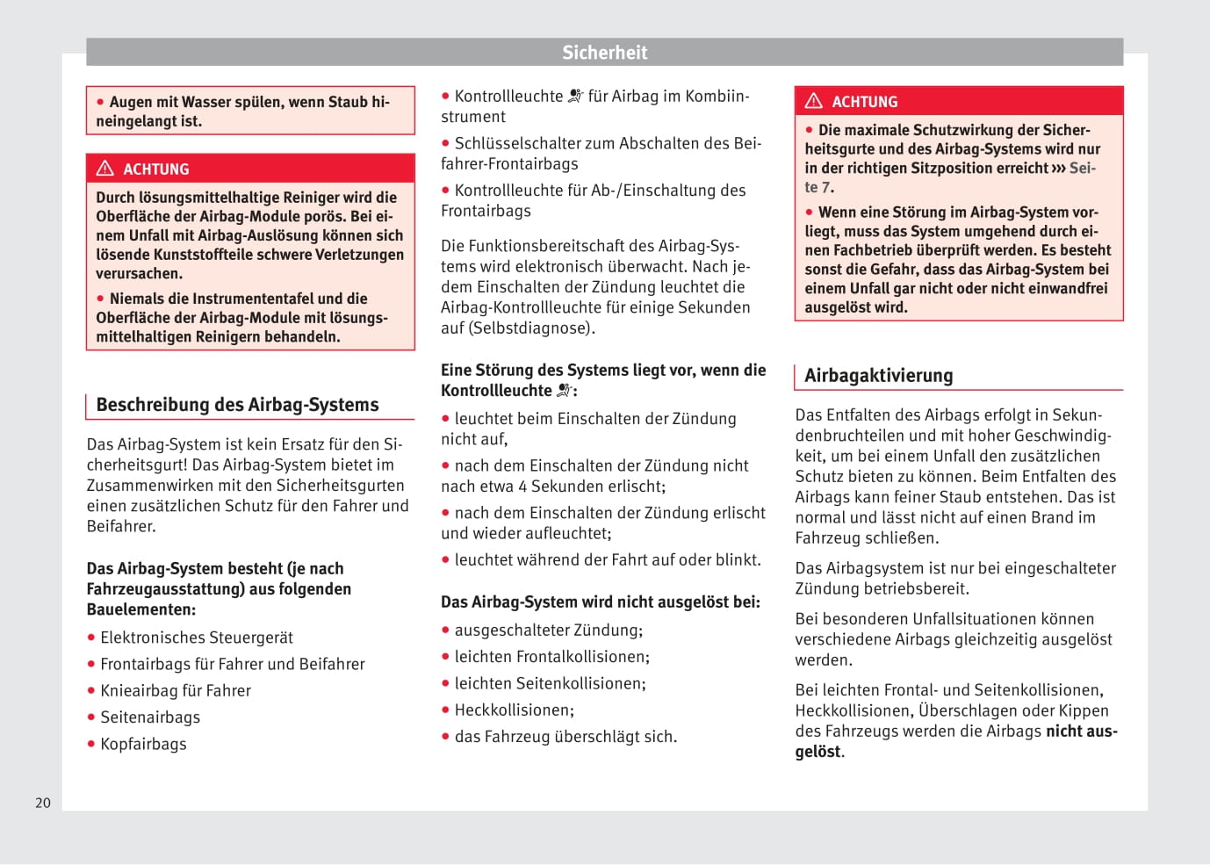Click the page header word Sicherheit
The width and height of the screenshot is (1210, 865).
[x=604, y=53]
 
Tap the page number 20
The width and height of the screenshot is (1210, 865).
[x=43, y=803]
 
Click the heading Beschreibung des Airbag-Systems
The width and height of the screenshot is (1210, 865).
[x=237, y=405]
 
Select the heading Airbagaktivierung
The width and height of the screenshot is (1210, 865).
[x=878, y=376]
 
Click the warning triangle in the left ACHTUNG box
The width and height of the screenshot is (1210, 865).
[x=105, y=168]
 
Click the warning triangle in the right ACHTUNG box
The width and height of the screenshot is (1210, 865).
[x=814, y=101]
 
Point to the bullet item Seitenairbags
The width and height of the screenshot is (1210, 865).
[x=150, y=717]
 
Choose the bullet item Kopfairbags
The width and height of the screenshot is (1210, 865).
[x=143, y=744]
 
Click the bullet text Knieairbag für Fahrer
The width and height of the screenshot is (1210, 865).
[x=176, y=691]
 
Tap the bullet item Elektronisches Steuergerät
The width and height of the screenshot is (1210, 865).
[x=197, y=638]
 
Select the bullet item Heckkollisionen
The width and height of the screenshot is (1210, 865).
[x=514, y=710]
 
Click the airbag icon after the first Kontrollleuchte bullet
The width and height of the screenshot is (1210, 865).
[x=575, y=96]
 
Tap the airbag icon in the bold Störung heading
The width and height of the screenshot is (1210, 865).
[x=565, y=391]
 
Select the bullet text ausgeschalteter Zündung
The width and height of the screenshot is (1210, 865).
[x=548, y=631]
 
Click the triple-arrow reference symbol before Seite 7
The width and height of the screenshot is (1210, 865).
[x=1058, y=169]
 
